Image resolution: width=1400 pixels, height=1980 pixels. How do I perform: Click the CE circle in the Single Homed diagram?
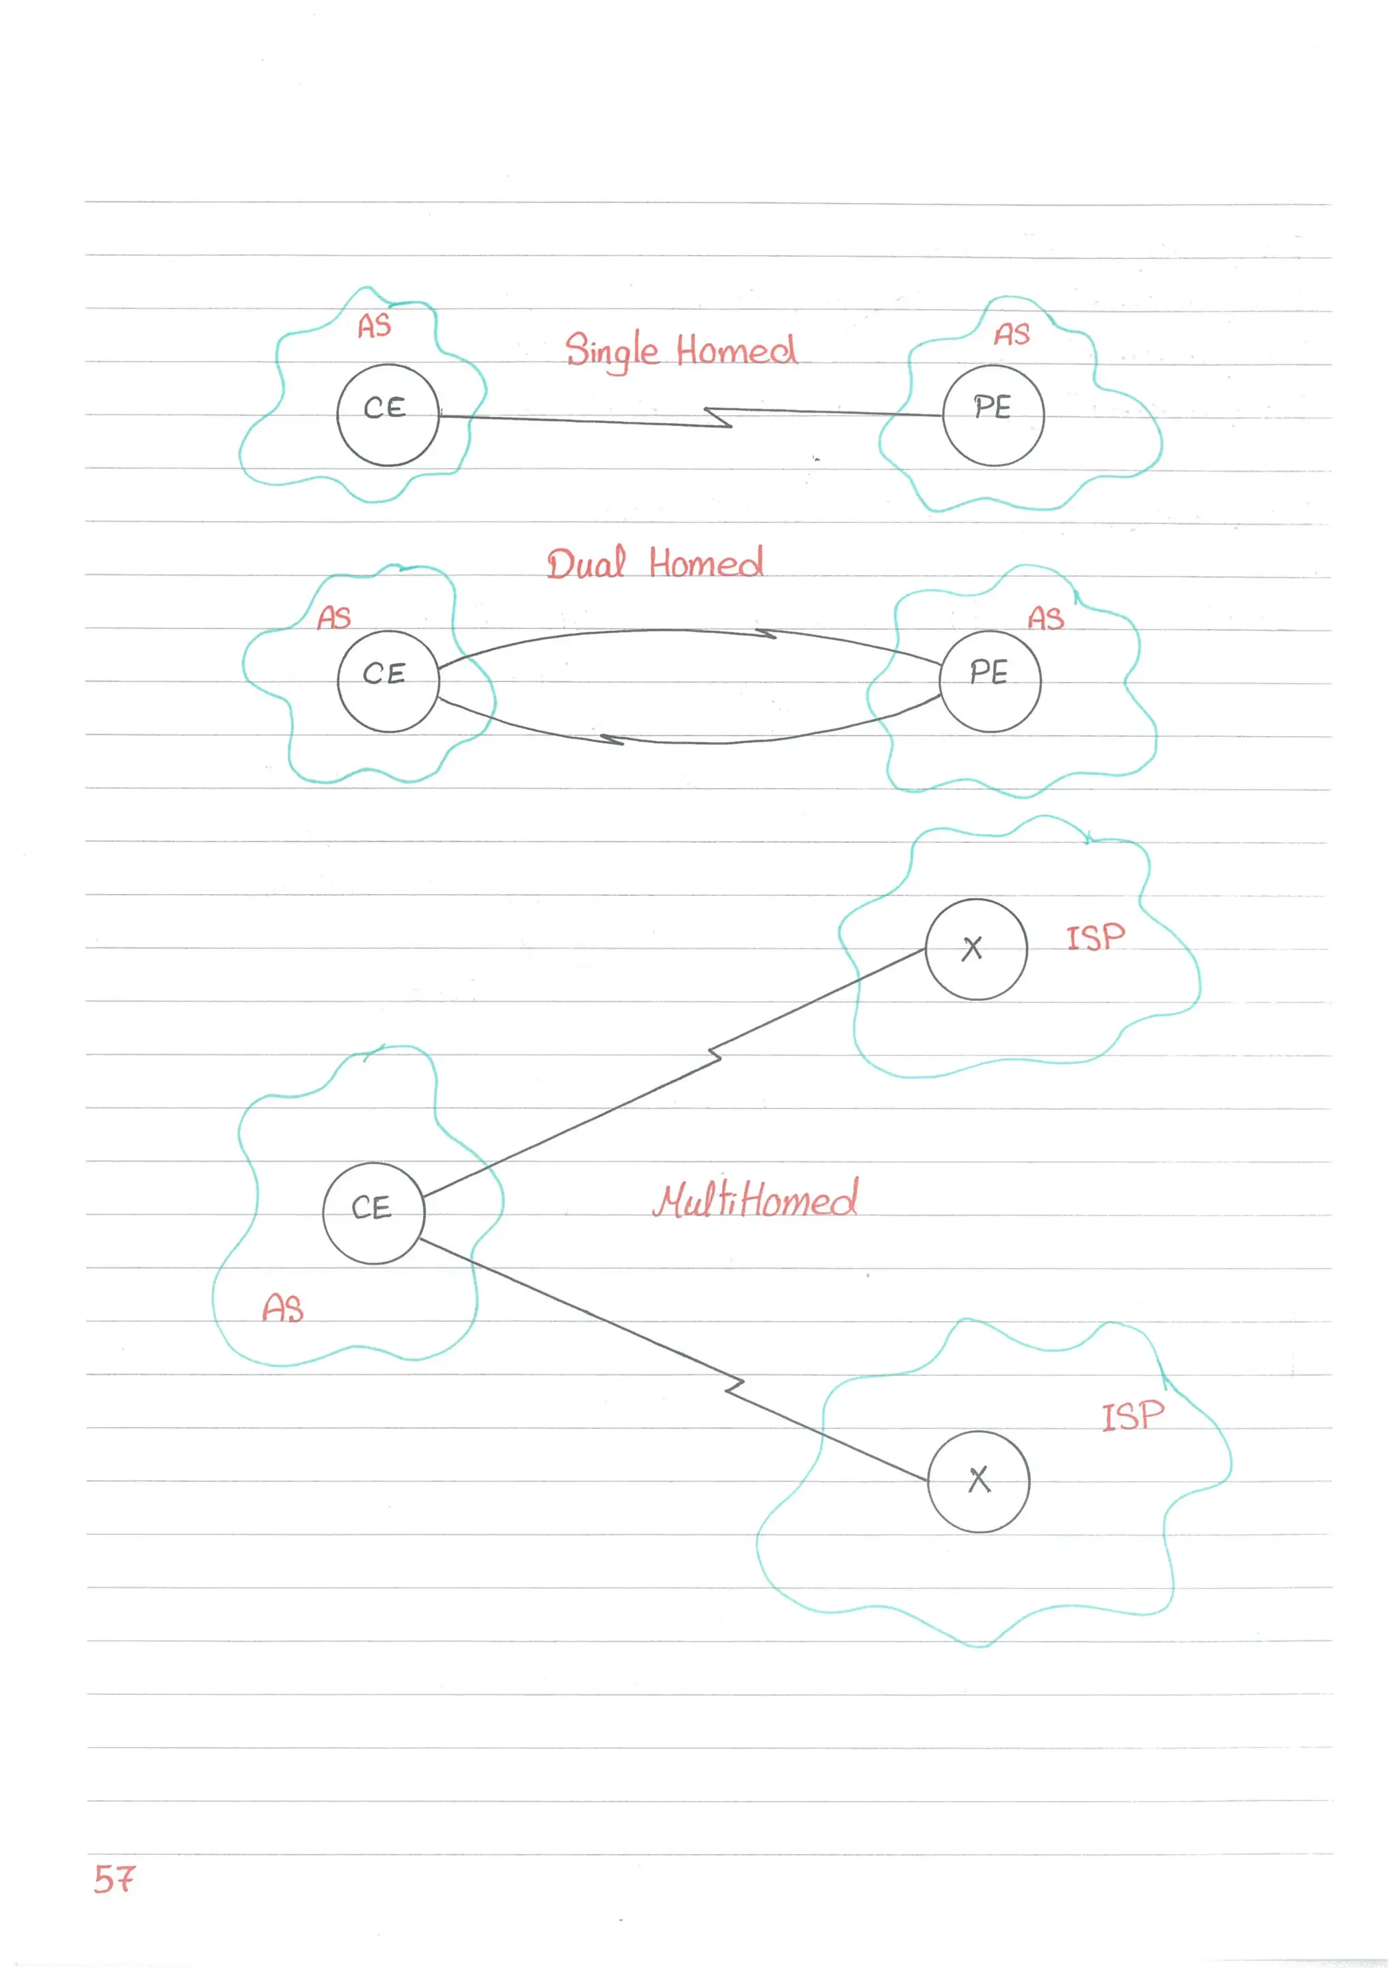pyautogui.click(x=388, y=415)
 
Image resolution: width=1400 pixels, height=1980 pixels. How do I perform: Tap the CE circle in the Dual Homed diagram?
pyautogui.click(x=388, y=681)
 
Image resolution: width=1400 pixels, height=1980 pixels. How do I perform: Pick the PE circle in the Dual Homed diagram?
pyautogui.click(x=989, y=681)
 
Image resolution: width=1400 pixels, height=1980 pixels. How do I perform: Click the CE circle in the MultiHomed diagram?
pyautogui.click(x=373, y=1212)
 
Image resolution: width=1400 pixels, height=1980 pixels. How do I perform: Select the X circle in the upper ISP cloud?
pyautogui.click(x=975, y=949)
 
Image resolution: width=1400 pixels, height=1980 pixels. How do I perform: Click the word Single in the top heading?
pyautogui.click(x=612, y=350)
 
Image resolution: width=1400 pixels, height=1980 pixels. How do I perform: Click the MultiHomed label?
pyautogui.click(x=755, y=1199)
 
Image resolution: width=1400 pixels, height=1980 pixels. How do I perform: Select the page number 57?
pyautogui.click(x=114, y=1878)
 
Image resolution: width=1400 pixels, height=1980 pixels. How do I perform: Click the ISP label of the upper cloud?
pyautogui.click(x=1096, y=938)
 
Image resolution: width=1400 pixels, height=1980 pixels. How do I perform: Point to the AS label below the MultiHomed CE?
pyautogui.click(x=283, y=1308)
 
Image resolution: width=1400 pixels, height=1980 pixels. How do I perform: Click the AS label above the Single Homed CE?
pyautogui.click(x=375, y=326)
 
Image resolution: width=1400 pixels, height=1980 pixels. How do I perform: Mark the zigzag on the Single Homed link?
pyautogui.click(x=718, y=418)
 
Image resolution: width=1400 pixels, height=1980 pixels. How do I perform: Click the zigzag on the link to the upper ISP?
pyautogui.click(x=714, y=1057)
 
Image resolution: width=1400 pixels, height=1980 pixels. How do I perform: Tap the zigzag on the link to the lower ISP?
pyautogui.click(x=734, y=1386)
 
